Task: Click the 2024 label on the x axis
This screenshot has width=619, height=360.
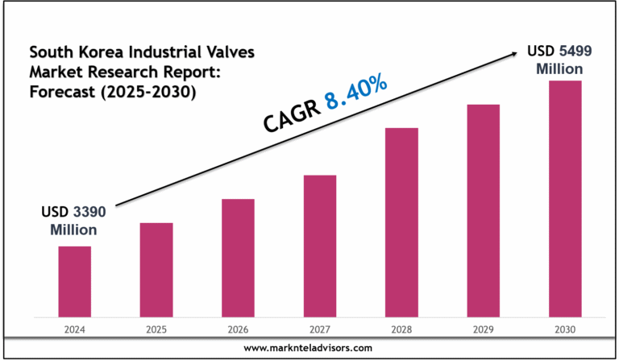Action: (x=74, y=329)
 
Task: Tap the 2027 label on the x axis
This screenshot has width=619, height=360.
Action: (x=319, y=329)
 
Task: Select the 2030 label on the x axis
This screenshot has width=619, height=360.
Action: (x=565, y=329)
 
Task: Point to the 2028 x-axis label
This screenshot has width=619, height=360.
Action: (x=401, y=329)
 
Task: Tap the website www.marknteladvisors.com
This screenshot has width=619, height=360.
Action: (x=309, y=347)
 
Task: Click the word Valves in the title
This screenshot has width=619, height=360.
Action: (x=228, y=53)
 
